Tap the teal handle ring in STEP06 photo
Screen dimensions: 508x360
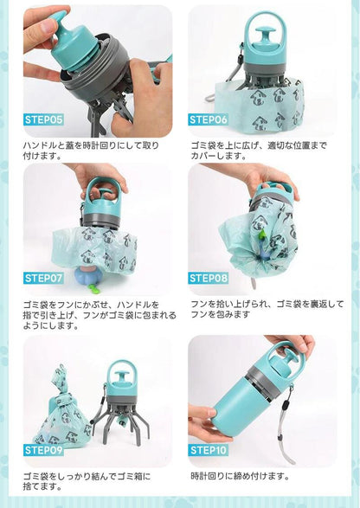(260, 31)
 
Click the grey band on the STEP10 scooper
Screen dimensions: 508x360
(267, 376)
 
